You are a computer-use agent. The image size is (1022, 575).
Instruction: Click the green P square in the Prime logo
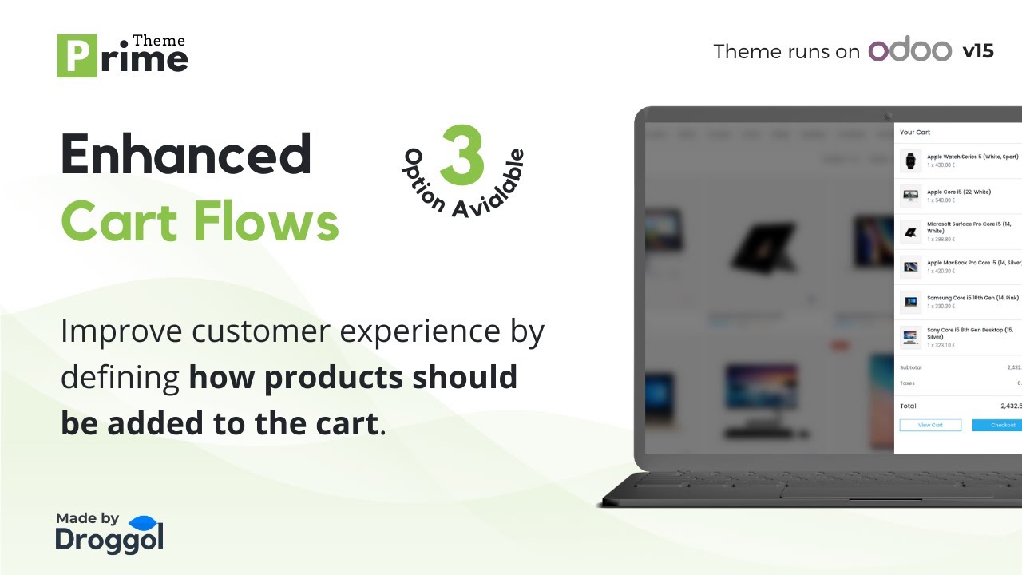(x=77, y=56)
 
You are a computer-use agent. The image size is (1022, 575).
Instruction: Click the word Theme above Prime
(x=158, y=40)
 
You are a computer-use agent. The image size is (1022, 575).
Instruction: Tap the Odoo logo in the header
(x=909, y=51)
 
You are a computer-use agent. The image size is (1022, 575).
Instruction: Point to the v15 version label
(x=978, y=51)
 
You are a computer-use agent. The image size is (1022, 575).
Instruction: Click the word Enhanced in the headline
(x=186, y=154)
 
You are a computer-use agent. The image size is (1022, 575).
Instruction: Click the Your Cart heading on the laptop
(x=915, y=133)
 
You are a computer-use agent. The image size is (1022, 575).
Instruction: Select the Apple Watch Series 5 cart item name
(x=972, y=157)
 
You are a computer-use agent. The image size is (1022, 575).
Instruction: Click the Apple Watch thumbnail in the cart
(x=910, y=161)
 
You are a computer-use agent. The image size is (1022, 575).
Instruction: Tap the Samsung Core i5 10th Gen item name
(x=972, y=298)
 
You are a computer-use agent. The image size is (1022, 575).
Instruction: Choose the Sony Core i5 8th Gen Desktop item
(x=969, y=333)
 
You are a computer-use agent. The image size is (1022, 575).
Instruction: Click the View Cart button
(x=930, y=425)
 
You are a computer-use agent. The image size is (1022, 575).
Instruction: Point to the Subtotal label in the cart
(x=911, y=367)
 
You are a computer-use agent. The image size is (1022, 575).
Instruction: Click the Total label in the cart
(x=909, y=406)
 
